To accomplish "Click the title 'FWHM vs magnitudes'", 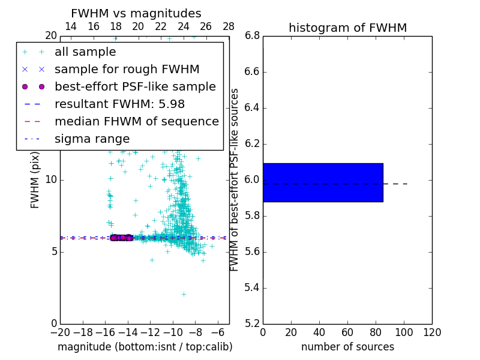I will pyautogui.click(x=136, y=13).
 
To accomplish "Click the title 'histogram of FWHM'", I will pyautogui.click(x=347, y=28).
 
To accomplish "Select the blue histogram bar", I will pyautogui.click(x=323, y=182).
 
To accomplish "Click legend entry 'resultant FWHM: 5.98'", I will pyautogui.click(x=119, y=104).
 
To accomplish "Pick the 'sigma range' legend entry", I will pyautogui.click(x=92, y=139).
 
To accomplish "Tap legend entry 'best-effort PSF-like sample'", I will pyautogui.click(x=135, y=86).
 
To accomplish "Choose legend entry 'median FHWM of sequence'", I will pyautogui.click(x=136, y=121).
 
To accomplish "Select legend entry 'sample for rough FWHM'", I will pyautogui.click(x=127, y=69).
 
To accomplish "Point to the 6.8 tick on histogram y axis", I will pyautogui.click(x=253, y=36).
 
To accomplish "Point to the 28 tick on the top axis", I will pyautogui.click(x=229, y=26).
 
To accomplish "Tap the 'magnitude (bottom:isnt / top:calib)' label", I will pyautogui.click(x=145, y=347).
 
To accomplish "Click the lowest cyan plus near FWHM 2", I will pyautogui.click(x=184, y=294).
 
